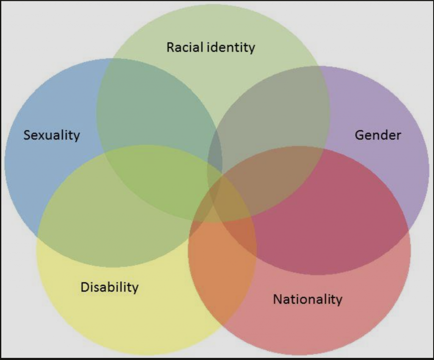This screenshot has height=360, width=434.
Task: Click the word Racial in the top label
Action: [x=185, y=47]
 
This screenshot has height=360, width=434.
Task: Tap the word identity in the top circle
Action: [x=231, y=47]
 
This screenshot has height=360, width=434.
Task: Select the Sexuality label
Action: [x=52, y=136]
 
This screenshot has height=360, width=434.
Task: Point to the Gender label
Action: [x=378, y=135]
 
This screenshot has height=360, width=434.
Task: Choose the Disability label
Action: [x=110, y=287]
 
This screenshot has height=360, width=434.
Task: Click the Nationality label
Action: [x=308, y=299]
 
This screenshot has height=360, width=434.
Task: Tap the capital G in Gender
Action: [x=359, y=135]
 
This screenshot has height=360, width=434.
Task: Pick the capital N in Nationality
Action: [x=278, y=299]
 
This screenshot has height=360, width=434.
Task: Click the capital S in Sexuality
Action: [x=27, y=135]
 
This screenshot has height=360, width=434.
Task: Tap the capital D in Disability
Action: [x=85, y=287]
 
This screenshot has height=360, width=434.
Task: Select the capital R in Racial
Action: [x=171, y=47]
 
